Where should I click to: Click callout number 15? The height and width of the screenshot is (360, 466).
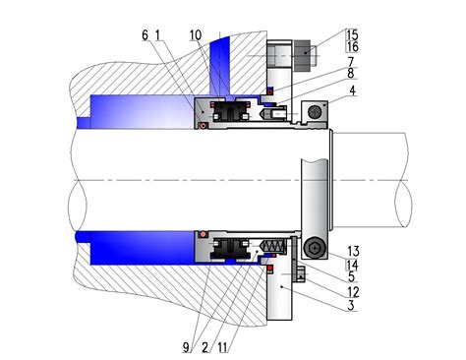tap(353, 34)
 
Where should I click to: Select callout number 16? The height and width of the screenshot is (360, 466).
tap(353, 47)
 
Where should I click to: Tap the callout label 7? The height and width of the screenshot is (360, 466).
tap(351, 62)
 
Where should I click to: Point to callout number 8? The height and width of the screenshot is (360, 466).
tap(351, 74)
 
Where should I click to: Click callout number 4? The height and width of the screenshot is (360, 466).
tap(353, 90)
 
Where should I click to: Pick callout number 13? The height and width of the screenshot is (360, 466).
tap(353, 252)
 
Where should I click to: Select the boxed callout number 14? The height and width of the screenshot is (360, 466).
tap(352, 265)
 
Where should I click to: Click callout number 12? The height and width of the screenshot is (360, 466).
tap(353, 292)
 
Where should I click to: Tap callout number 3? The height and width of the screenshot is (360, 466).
tap(351, 306)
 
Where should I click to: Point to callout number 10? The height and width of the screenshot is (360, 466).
tap(196, 35)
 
